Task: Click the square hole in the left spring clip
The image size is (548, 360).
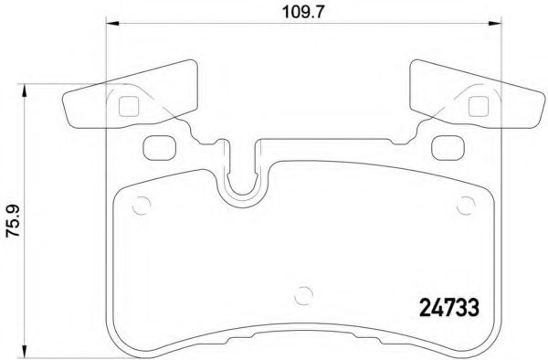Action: pyautogui.click(x=128, y=106)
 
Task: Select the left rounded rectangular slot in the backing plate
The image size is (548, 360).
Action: pyautogui.click(x=157, y=145)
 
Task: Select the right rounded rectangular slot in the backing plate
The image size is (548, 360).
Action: pyautogui.click(x=446, y=145)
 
